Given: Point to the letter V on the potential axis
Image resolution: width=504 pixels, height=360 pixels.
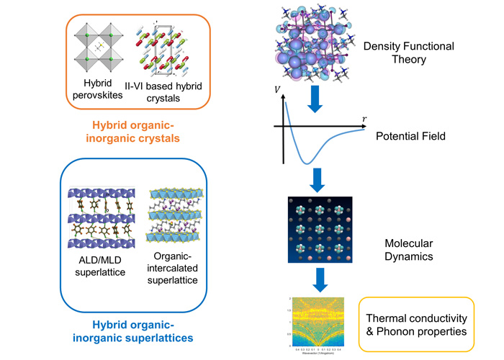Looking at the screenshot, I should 277,90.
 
